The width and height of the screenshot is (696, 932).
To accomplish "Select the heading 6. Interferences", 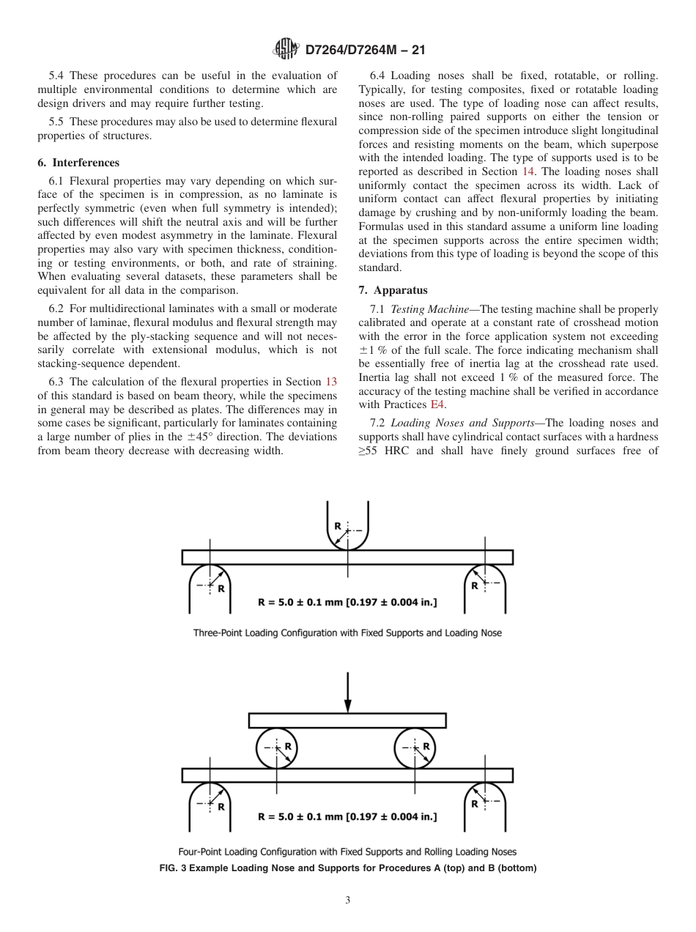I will [78, 163].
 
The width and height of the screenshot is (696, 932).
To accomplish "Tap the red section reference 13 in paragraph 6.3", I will [330, 382].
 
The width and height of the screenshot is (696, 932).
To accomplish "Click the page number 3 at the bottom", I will [347, 900].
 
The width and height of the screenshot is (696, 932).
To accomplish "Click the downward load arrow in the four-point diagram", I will [347, 692].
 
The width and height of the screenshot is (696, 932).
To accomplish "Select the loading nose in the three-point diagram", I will [347, 528].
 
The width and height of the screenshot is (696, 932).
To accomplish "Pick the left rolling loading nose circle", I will [277, 748].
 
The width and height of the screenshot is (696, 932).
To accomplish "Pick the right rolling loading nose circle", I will [416, 748].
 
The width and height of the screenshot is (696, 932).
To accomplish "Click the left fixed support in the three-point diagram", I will [210, 588].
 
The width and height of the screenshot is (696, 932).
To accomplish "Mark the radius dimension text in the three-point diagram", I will [347, 602].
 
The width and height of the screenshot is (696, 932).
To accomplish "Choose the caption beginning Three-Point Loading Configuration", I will [347, 632].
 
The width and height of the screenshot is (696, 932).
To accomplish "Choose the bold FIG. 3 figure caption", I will [347, 868].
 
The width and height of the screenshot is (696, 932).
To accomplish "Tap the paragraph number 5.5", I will [58, 121].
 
